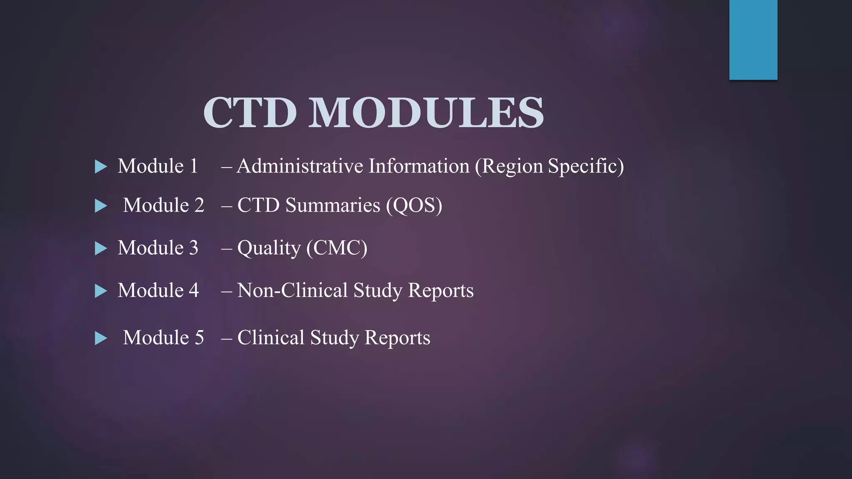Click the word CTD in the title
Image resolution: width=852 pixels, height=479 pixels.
(x=250, y=113)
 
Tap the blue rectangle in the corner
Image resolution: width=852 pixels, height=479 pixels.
(x=753, y=40)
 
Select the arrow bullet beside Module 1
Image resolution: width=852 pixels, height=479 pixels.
(x=101, y=167)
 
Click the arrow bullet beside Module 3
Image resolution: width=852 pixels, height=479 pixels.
(x=101, y=248)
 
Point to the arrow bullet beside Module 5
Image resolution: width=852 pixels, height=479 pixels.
(x=101, y=338)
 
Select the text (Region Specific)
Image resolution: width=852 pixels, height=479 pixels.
(x=550, y=166)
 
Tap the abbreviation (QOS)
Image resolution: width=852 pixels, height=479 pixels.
(x=414, y=205)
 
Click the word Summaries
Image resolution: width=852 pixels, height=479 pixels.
(x=332, y=205)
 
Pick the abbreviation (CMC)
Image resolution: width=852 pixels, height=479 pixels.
(x=337, y=248)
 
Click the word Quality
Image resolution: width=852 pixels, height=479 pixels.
(x=269, y=248)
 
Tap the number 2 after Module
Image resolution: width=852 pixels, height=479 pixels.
(x=199, y=205)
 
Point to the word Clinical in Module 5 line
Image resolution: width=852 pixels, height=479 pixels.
(x=270, y=338)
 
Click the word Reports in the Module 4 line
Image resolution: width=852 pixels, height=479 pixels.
(x=441, y=290)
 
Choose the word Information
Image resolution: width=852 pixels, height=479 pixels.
(x=419, y=166)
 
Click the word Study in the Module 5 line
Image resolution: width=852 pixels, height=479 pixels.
(x=334, y=338)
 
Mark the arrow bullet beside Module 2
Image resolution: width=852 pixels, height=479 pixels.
(x=101, y=206)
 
